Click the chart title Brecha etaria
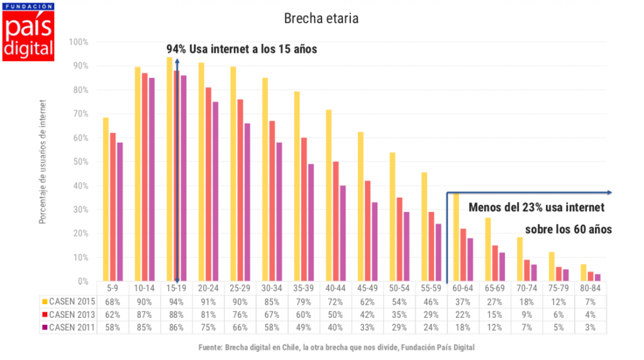click(321, 19)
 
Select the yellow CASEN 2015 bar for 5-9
click(106, 200)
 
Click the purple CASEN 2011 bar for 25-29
click(247, 203)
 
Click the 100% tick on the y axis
click(80, 42)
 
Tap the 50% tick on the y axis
click(81, 162)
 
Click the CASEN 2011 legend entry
click(68, 327)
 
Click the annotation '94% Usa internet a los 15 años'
click(241, 49)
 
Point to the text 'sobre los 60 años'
click(568, 229)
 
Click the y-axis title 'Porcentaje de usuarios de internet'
click(43, 162)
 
